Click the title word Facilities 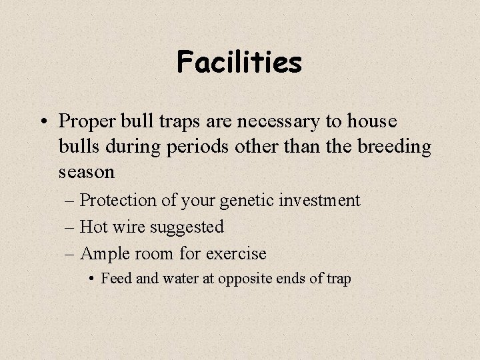[x=239, y=63]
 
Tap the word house [x=369, y=122]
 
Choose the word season [x=87, y=171]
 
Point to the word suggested [x=186, y=227]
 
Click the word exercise [x=235, y=254]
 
